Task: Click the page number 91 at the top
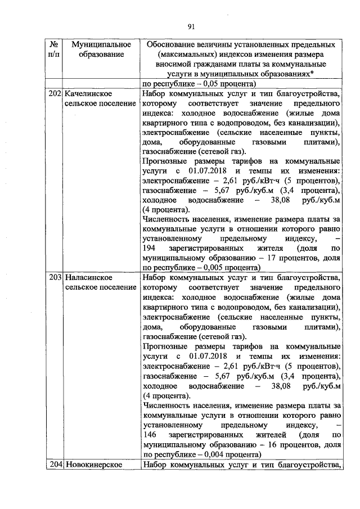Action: coord(190,26)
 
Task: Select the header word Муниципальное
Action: coord(97,44)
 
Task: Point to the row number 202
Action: coord(55,93)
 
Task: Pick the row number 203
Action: coord(55,278)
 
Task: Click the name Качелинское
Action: coord(86,93)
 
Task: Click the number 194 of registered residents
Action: coord(150,248)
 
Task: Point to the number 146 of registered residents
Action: coord(150,435)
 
